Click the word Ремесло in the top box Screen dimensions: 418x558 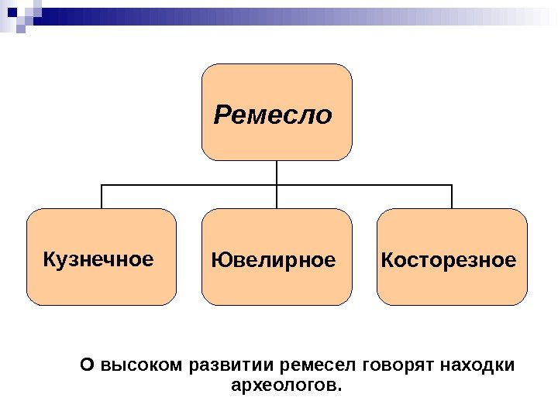(x=273, y=115)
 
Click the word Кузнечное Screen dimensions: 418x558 (x=98, y=259)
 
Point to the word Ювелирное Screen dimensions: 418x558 (x=274, y=260)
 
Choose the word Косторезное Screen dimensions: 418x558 (x=448, y=260)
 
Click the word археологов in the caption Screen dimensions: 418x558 (x=286, y=384)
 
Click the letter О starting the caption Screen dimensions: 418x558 (x=87, y=364)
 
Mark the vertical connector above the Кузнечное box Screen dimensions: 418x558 (x=102, y=197)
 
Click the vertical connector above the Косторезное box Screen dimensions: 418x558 (x=452, y=197)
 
